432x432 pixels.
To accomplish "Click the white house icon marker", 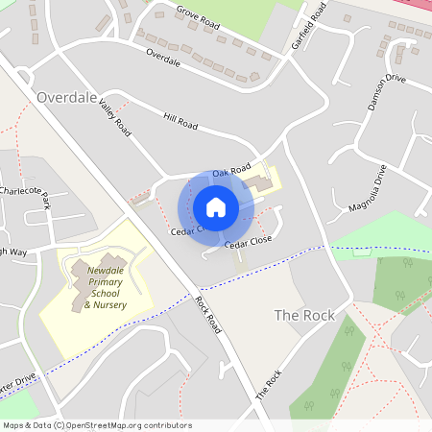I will click(x=215, y=206).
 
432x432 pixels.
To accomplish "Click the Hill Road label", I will click(x=180, y=122).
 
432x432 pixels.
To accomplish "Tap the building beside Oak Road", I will click(x=258, y=182).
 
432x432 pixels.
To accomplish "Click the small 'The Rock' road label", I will click(x=268, y=384).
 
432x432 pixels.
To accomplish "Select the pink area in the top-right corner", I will click(x=415, y=4).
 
